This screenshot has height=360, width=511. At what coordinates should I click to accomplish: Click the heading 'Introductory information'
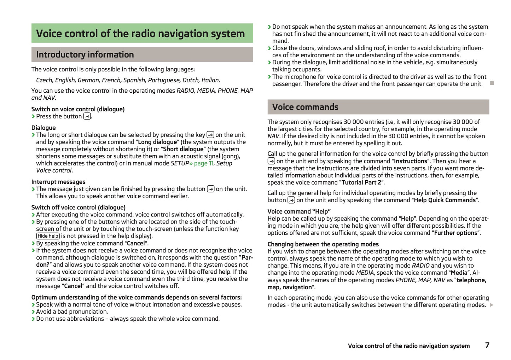(85, 54)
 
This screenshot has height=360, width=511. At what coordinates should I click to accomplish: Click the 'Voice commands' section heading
(305, 107)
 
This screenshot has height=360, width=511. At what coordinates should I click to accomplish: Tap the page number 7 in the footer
(487, 345)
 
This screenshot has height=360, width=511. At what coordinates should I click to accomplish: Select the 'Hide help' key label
(48, 236)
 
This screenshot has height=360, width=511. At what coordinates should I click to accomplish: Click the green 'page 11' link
(204, 163)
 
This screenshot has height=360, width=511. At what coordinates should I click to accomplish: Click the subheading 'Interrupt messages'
(58, 182)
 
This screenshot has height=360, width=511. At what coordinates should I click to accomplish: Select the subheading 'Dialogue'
(43, 128)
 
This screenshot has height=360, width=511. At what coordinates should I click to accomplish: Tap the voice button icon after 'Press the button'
(87, 116)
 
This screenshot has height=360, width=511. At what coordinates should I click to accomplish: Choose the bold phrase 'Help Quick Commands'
(445, 200)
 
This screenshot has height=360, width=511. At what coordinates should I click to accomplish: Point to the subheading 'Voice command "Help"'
(299, 211)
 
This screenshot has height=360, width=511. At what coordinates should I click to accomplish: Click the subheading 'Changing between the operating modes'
(323, 244)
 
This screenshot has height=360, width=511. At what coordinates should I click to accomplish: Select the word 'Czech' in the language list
(44, 80)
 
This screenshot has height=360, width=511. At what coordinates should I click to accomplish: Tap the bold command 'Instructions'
(411, 161)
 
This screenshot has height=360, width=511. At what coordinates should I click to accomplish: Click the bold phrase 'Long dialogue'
(157, 142)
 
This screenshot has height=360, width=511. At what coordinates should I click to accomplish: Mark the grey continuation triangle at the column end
(492, 305)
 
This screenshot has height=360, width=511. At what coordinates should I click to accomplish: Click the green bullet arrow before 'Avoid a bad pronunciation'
(33, 312)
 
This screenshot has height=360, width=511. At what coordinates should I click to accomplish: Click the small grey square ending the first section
(492, 83)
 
